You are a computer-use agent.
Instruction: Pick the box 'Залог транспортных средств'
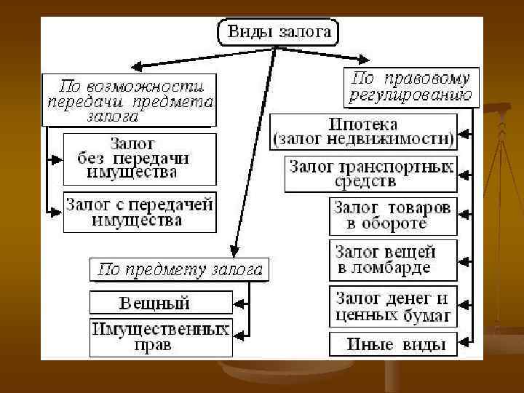(x=370, y=173)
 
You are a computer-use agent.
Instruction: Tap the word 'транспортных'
(x=397, y=166)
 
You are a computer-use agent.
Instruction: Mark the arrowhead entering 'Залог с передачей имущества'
(x=57, y=212)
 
